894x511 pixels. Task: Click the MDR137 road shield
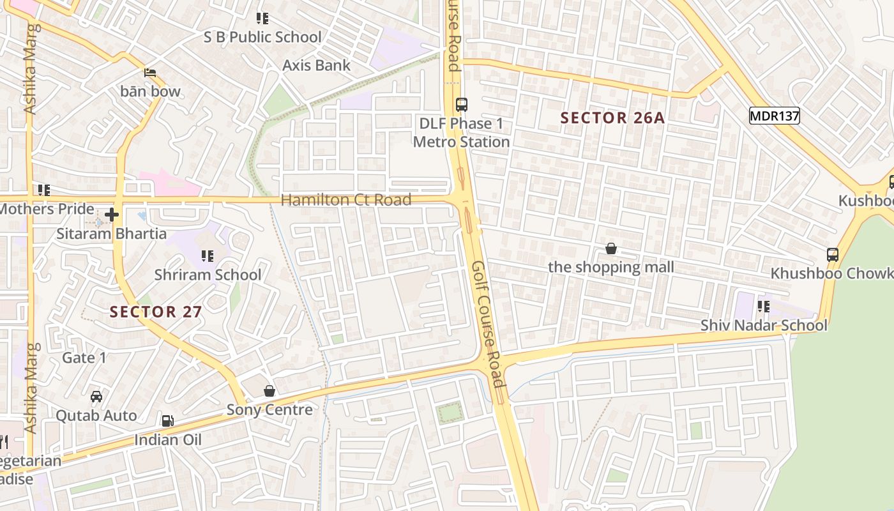[x=774, y=116]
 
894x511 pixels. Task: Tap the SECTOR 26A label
[x=612, y=118]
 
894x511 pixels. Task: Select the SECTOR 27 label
[x=156, y=312]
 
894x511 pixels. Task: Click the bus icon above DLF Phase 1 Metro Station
[x=461, y=105]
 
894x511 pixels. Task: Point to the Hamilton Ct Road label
[x=345, y=200]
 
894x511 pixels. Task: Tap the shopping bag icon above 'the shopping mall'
[x=611, y=248]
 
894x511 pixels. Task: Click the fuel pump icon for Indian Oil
[x=167, y=420]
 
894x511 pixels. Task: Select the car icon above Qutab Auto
[x=96, y=397]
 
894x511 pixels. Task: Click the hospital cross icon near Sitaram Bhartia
[x=112, y=215]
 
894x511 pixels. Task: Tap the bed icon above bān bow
[x=150, y=72]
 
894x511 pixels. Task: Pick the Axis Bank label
[x=316, y=65]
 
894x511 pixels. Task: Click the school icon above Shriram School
[x=208, y=256]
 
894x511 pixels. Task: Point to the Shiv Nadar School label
[x=764, y=325]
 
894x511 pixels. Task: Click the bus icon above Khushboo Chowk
[x=833, y=254]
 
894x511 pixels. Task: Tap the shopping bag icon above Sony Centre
[x=269, y=391]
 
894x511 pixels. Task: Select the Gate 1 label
[x=84, y=358]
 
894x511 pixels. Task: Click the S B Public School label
[x=262, y=37]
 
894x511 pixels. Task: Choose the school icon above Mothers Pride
[x=44, y=190]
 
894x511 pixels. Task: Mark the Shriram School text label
[x=208, y=275]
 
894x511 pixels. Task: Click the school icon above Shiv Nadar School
[x=763, y=307]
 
